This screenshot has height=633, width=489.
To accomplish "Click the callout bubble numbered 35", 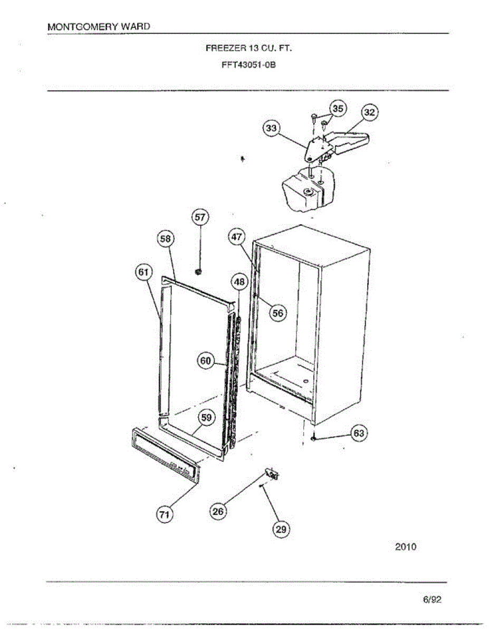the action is (338, 109).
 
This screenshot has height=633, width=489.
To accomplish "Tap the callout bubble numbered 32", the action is (370, 112).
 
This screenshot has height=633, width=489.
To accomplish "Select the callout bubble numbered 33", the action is (272, 128).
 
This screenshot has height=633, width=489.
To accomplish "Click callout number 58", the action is (166, 239).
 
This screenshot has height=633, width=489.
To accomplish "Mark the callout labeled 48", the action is (239, 282).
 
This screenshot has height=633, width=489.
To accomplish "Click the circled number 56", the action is (277, 313).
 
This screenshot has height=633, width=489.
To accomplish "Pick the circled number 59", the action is (207, 418).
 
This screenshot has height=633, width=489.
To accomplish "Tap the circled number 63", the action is (359, 434).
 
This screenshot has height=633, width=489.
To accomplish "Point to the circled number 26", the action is (218, 511).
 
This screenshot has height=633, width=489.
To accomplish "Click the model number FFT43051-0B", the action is (248, 66).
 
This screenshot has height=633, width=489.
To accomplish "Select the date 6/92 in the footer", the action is (432, 600).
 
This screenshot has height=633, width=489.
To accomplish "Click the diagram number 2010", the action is (406, 547).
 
